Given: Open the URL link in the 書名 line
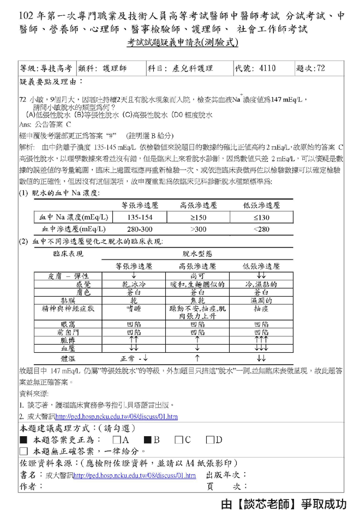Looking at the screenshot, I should click(x=134, y=475).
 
